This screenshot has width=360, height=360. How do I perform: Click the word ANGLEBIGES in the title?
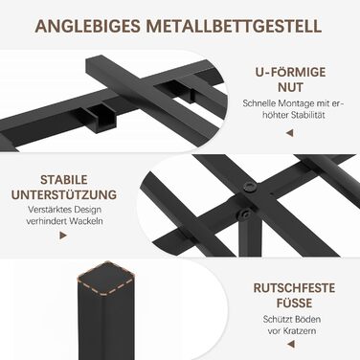88,26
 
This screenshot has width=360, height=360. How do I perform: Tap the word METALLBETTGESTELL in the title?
234,26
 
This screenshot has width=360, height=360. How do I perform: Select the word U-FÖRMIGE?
290,72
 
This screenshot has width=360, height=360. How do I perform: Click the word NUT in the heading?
290,87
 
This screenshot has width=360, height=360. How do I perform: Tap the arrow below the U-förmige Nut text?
290,133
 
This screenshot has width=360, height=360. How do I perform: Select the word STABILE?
64,180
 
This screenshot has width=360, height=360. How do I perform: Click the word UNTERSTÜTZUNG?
64,194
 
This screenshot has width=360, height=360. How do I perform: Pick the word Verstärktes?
50,210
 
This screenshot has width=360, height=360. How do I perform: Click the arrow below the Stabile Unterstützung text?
63,236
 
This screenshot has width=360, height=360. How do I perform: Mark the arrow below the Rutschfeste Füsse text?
290,345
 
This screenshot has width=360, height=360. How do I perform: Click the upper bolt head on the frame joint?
249,188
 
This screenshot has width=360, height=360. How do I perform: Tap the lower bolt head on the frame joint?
245,214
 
